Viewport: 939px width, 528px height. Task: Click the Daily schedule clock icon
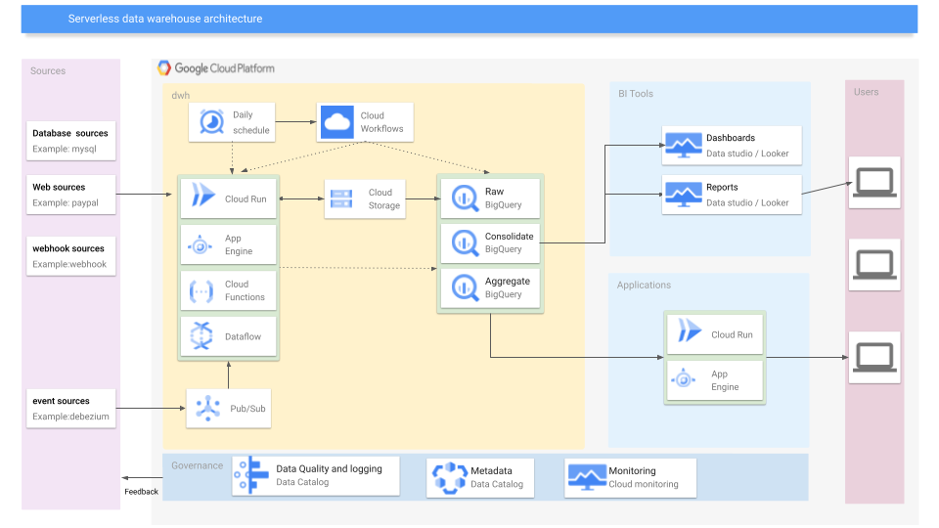(211, 122)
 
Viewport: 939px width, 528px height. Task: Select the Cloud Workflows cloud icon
(336, 122)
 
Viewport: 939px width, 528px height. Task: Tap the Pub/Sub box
(229, 407)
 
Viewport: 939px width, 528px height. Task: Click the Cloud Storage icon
(342, 198)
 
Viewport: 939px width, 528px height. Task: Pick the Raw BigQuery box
(489, 198)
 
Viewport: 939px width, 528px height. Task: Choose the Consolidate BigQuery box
(489, 242)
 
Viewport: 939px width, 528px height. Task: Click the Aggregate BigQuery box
(489, 288)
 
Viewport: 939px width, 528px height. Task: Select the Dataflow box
(229, 336)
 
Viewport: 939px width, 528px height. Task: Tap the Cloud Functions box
(229, 290)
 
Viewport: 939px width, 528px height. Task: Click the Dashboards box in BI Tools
(732, 145)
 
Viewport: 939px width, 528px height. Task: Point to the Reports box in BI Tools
(732, 195)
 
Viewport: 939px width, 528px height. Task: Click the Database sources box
(71, 141)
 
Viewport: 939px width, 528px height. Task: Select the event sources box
(71, 409)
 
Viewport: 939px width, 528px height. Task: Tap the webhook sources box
(71, 256)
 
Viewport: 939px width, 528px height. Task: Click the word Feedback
(141, 492)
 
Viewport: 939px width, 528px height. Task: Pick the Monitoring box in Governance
(630, 477)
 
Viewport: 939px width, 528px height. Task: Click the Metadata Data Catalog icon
(450, 477)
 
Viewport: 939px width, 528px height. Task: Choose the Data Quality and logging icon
(252, 476)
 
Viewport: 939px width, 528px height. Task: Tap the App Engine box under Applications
(715, 380)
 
